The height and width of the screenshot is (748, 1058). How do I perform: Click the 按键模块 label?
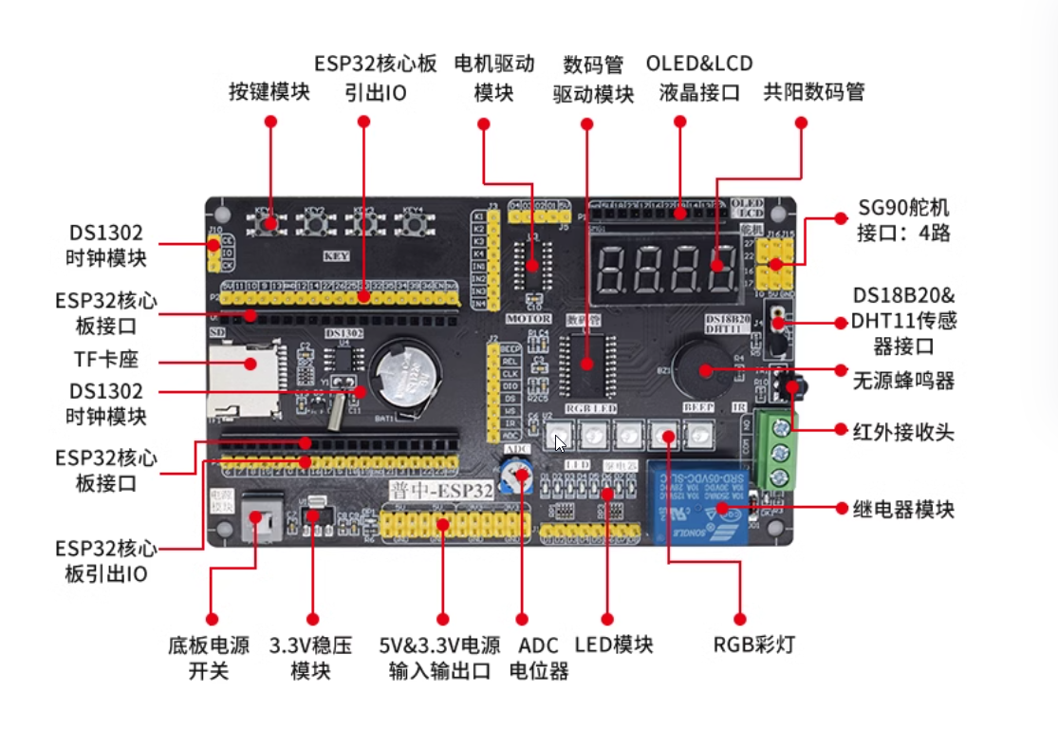(x=269, y=91)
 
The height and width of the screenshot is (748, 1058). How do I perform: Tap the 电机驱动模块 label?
(x=494, y=78)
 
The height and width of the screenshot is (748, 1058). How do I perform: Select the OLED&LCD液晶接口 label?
(x=699, y=78)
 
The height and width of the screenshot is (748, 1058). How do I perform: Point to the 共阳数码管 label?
(x=814, y=92)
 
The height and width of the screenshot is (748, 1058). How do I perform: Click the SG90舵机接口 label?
(x=902, y=219)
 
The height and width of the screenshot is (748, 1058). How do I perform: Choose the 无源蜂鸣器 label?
(x=903, y=382)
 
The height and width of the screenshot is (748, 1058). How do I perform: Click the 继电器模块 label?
(x=903, y=510)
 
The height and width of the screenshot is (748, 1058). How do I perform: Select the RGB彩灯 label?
(x=754, y=645)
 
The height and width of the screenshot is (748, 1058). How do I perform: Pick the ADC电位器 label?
(x=539, y=658)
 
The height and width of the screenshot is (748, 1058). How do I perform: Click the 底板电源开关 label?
(x=209, y=658)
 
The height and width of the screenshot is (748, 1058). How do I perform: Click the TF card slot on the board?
(x=245, y=378)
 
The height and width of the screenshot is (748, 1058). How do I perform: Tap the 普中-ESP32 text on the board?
(x=442, y=491)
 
